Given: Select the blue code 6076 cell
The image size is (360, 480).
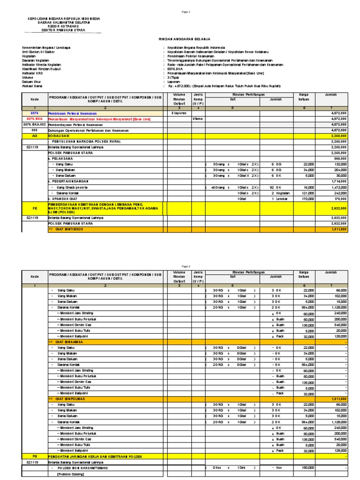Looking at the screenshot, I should coord(34,113).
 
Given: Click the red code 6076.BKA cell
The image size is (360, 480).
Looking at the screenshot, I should coord(34,119).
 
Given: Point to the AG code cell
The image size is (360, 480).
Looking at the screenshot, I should coord(34,135).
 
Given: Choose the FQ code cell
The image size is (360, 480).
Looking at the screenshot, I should coord(34,456).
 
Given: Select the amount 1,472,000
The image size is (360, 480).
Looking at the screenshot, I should coord(337,187).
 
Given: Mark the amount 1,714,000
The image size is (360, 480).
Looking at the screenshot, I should coord(337,181).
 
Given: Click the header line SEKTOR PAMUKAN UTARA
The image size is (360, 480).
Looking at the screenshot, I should coord(62,29).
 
